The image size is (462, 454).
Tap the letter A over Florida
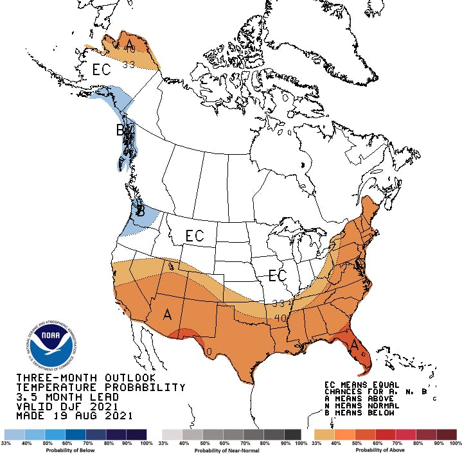coord(354,345)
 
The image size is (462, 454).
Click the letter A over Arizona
coord(167,315)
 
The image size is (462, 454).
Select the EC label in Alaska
coord(102,69)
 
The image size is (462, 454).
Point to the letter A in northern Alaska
coord(130,44)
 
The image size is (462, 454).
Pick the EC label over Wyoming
coord(195,236)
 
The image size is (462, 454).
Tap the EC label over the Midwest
coord(278,275)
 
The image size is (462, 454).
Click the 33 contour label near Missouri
coord(278,303)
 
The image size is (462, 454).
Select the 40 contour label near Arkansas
coord(280,317)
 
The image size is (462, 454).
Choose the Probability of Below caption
coord(75,450)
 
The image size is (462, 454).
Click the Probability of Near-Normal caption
coord(232,450)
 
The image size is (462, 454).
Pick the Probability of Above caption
coord(385,450)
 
